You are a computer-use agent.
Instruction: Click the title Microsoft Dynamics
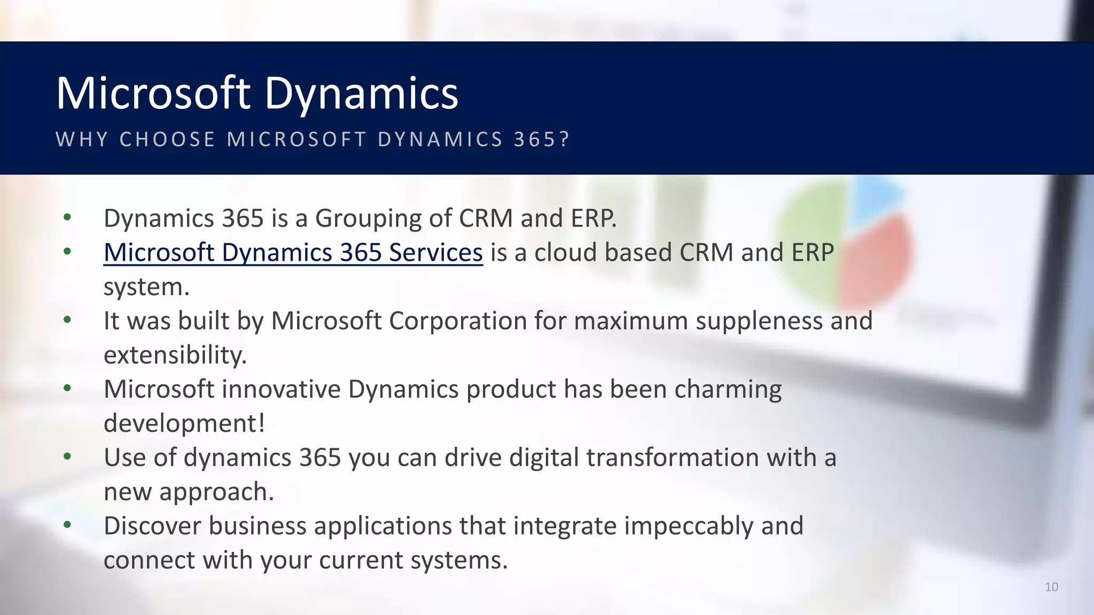click(257, 93)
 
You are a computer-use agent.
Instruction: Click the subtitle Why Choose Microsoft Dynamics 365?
click(313, 139)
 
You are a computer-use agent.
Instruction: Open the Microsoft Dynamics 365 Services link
click(293, 253)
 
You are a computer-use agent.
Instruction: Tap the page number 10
click(1051, 587)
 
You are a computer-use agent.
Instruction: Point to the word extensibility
click(175, 356)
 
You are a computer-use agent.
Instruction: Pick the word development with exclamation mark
click(184, 424)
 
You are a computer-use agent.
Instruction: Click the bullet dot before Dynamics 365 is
click(67, 217)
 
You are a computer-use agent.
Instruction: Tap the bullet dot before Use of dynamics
click(67, 456)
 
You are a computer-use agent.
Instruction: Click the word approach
click(216, 492)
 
